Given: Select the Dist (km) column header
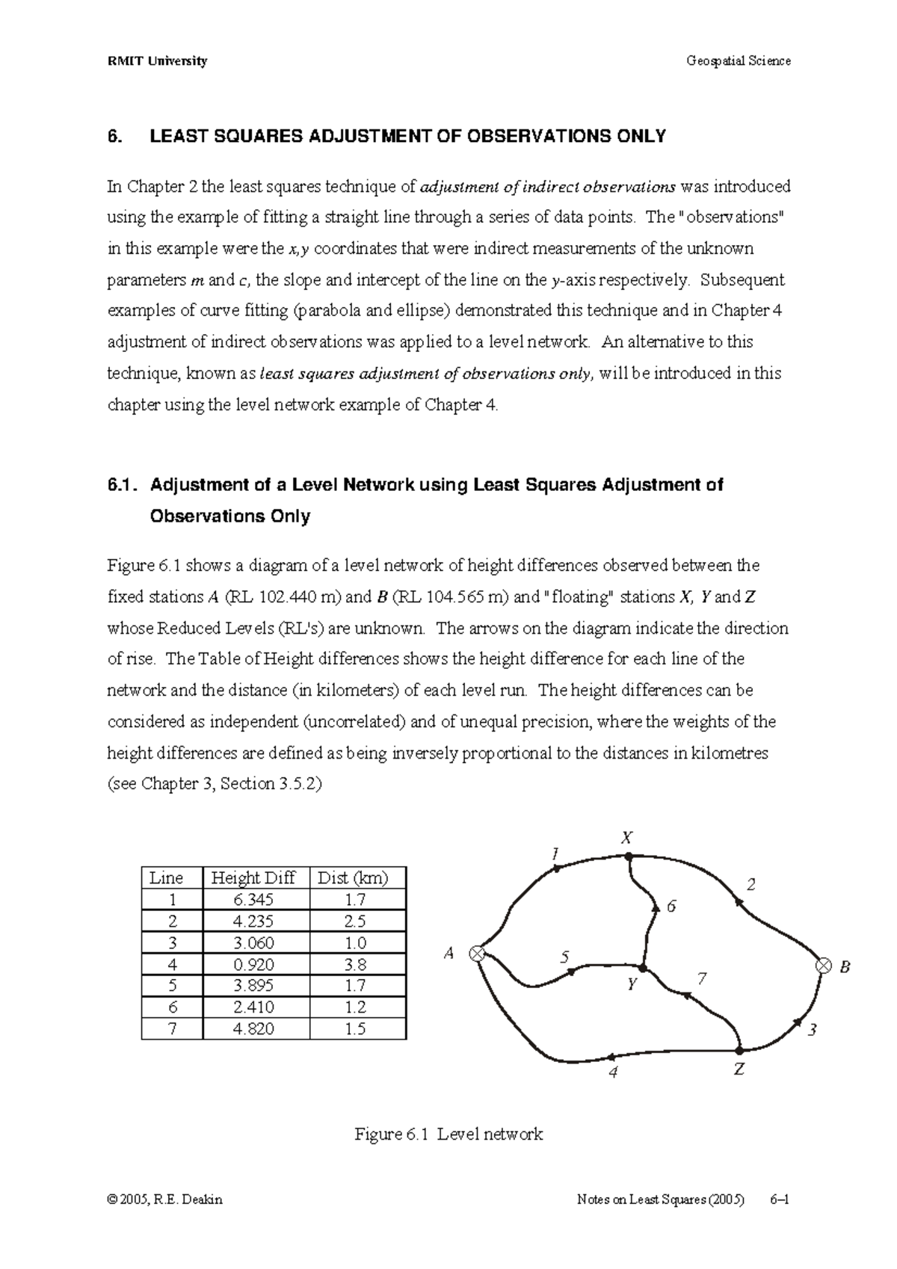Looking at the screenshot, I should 353,877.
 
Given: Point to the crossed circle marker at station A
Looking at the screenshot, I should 477,953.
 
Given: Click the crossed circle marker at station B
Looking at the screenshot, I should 823,966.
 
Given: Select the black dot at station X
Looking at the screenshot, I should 629,856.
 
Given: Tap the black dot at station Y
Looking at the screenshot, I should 641,969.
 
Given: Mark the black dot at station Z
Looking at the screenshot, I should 739,1049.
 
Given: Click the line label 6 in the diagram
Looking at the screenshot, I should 671,906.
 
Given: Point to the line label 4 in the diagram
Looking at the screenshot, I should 614,1072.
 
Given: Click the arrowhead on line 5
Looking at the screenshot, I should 573,971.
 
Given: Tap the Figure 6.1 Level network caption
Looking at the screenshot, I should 449,1134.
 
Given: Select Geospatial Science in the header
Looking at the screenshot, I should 738,61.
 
